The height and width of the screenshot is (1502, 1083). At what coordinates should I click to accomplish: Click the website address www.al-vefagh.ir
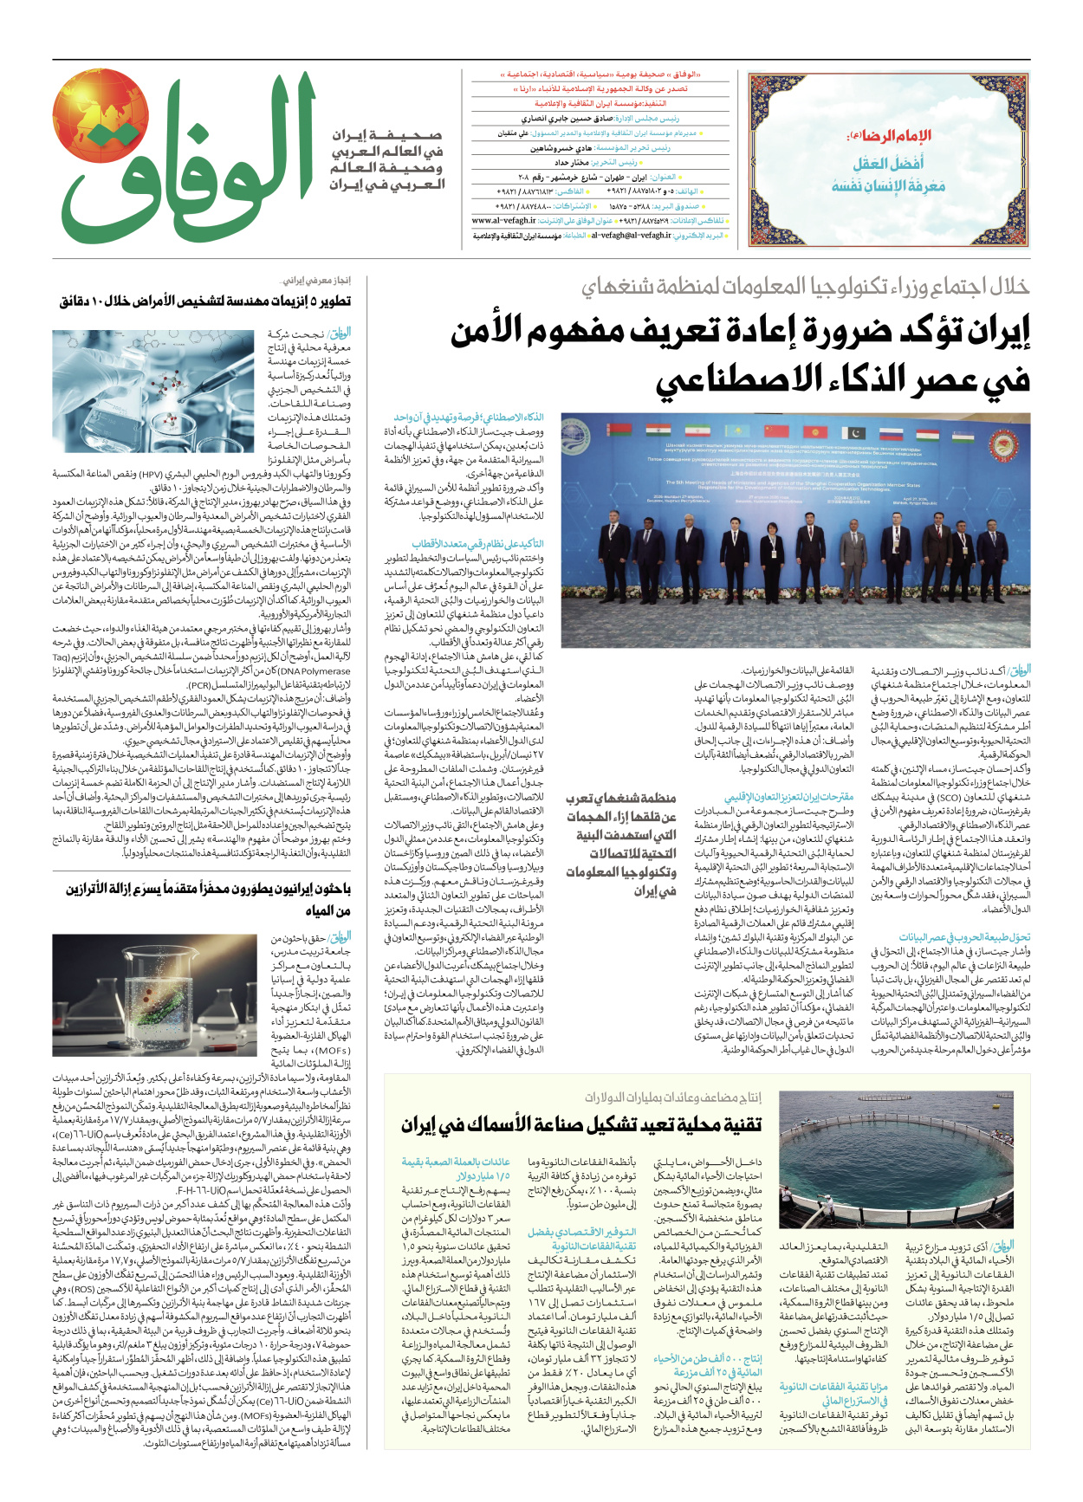[504, 221]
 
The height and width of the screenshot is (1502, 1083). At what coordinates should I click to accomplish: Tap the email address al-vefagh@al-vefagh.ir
[631, 235]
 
